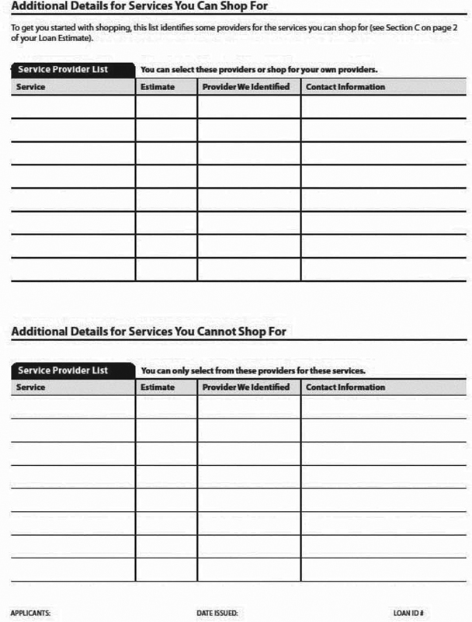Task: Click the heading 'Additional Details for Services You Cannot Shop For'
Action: tap(149, 332)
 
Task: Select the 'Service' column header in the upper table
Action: tap(31, 87)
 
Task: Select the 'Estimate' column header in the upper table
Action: tap(158, 87)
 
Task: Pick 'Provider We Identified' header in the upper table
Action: tap(246, 87)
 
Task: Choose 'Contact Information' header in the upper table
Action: tap(345, 87)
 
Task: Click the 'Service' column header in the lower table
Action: tap(31, 387)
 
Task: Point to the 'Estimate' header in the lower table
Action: tap(158, 387)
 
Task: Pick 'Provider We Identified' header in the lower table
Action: tap(246, 387)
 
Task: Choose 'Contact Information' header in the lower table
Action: tap(345, 387)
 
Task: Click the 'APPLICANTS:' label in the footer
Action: tap(30, 613)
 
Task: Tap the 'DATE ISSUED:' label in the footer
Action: tap(217, 613)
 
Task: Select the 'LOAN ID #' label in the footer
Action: tap(408, 613)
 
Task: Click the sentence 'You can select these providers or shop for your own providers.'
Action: tap(259, 70)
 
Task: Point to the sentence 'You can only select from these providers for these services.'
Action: tap(254, 370)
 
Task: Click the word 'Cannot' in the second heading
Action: tap(199, 332)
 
